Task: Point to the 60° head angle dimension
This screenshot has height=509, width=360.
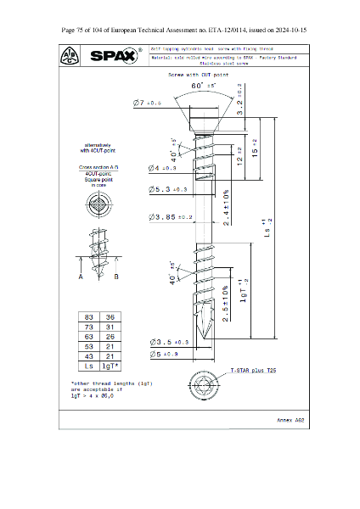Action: click(202, 86)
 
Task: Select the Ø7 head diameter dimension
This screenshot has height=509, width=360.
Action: click(148, 103)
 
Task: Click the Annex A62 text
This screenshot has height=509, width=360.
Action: click(290, 420)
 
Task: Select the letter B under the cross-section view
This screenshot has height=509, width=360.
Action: click(115, 277)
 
